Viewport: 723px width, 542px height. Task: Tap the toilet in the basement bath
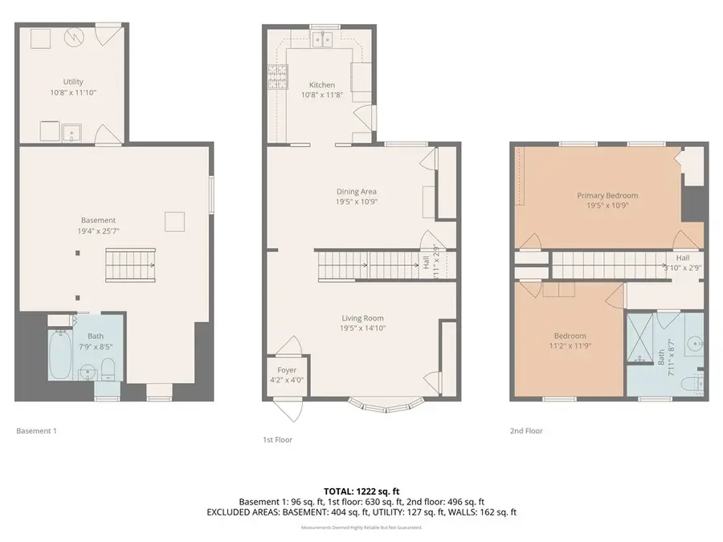108,370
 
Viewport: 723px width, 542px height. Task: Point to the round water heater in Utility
73,37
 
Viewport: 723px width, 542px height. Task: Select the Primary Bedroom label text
607,195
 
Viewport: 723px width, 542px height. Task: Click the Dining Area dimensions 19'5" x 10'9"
357,202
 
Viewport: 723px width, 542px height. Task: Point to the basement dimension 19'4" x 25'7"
98,231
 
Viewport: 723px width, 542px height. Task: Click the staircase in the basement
129,263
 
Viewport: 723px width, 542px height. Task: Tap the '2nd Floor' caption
526,431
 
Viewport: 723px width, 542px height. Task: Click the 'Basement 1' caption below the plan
37,431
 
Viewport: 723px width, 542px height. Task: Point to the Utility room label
73,82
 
